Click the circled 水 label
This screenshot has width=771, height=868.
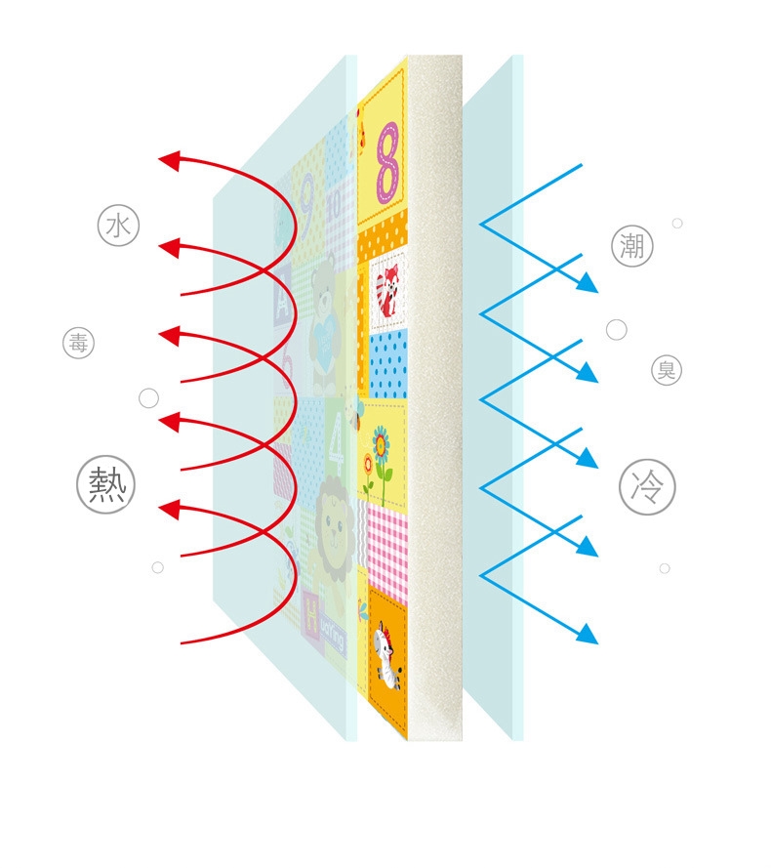point(118,227)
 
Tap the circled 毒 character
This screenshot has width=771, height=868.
point(78,344)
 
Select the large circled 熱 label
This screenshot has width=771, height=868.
point(105,485)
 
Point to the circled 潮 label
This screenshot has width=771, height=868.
point(631,246)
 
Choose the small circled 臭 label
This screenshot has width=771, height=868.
point(667,370)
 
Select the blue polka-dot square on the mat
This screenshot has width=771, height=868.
point(389,361)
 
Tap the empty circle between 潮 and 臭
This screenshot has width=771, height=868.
point(616,330)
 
